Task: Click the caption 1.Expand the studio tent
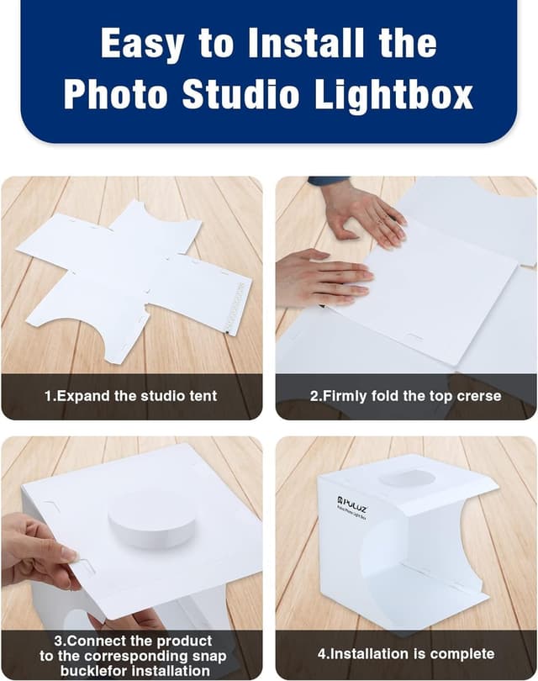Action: (x=130, y=395)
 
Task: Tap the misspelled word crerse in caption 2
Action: (x=478, y=395)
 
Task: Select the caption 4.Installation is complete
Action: (x=405, y=653)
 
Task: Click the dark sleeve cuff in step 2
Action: (x=328, y=181)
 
